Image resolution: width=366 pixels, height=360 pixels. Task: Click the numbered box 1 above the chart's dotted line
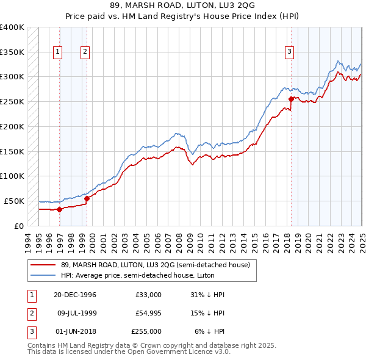[57, 52]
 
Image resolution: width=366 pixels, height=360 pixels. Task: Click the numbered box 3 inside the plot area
[289, 52]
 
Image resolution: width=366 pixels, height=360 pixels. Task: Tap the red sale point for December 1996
[59, 209]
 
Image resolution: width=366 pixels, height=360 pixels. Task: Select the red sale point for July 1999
[87, 198]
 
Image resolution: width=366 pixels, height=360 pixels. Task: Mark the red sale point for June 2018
[291, 98]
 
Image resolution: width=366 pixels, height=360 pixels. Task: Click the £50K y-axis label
[14, 201]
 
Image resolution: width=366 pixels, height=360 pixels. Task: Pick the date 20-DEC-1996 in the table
[75, 295]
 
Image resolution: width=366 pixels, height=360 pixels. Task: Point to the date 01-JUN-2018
[75, 331]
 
